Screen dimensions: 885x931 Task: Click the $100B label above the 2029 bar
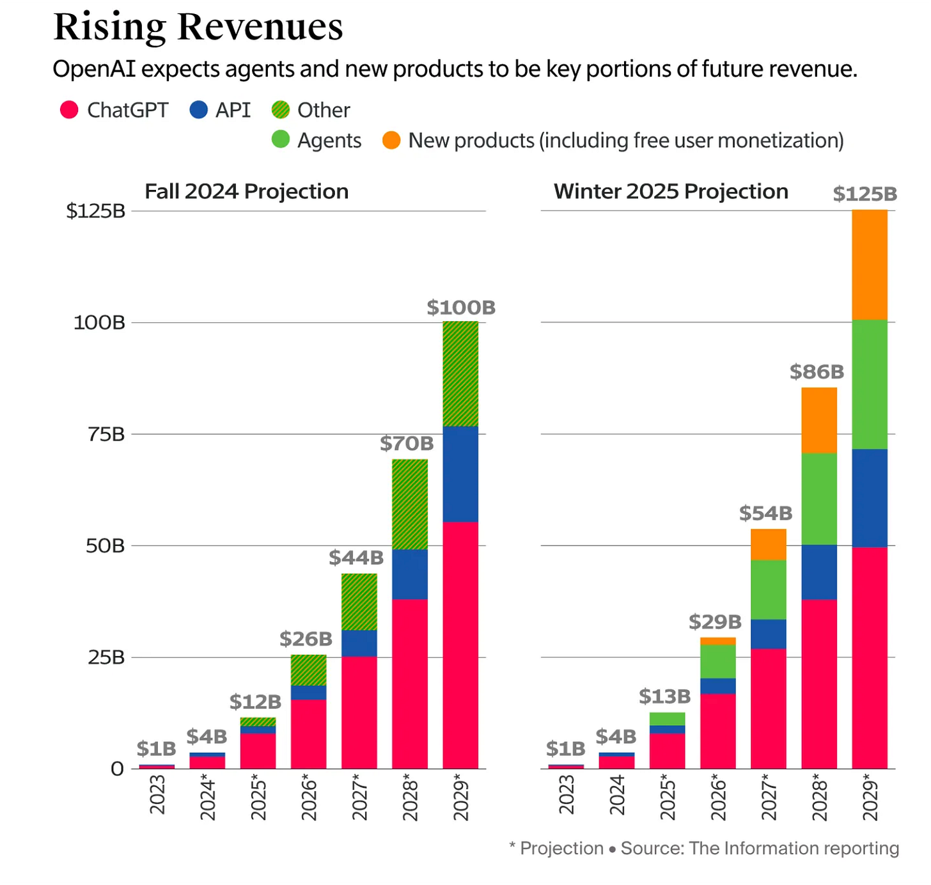point(461,308)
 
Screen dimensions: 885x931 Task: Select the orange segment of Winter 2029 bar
point(870,265)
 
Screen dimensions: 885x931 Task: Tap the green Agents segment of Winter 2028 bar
point(819,499)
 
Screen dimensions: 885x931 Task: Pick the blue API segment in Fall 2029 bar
point(460,474)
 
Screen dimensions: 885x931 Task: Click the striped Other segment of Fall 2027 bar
point(359,602)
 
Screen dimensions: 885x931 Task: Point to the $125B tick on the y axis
point(96,210)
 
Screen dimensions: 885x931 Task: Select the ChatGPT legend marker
point(69,110)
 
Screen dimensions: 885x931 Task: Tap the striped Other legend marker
point(281,110)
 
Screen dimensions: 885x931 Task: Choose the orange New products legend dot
point(391,140)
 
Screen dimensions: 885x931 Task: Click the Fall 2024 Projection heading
point(246,191)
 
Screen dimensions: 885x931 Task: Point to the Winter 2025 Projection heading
point(671,191)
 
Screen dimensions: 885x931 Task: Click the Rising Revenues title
point(198,27)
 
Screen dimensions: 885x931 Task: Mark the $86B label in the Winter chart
point(817,372)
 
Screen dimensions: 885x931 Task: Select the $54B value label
point(765,513)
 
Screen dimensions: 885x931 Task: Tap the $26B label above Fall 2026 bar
point(306,639)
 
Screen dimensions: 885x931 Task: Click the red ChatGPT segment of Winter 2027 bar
point(769,709)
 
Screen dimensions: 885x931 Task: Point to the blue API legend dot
point(199,110)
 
